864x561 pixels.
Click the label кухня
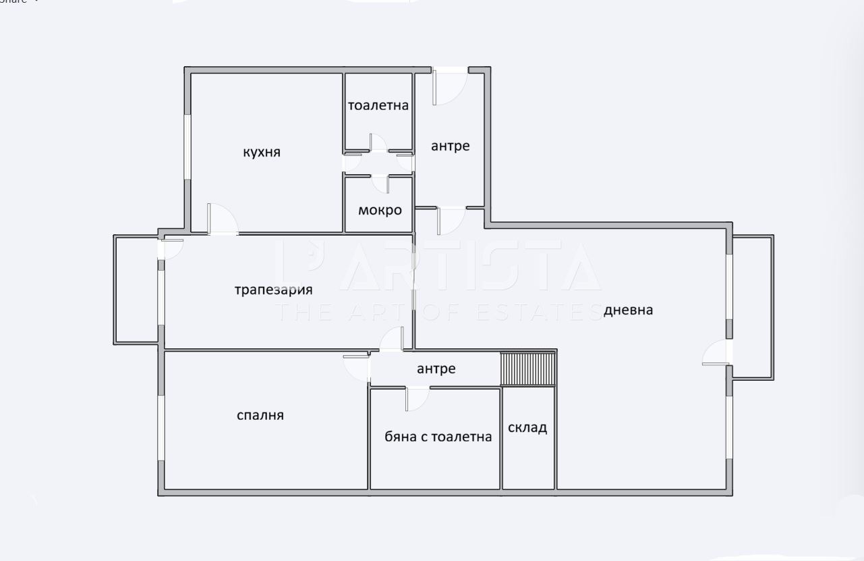[262, 153]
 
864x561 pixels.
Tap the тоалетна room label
[378, 105]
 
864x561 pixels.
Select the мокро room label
[380, 210]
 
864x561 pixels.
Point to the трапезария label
[274, 290]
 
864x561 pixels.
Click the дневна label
[628, 310]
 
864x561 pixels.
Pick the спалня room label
[260, 415]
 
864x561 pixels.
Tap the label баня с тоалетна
[438, 437]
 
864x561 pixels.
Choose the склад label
[527, 427]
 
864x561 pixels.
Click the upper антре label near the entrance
[451, 146]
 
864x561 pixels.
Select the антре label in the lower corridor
[436, 369]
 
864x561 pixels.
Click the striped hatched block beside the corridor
[527, 369]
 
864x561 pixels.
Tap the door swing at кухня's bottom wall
[221, 219]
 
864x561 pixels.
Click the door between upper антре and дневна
[450, 220]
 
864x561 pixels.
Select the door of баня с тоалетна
[416, 398]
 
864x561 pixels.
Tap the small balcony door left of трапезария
[170, 248]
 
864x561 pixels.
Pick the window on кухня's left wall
[188, 146]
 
